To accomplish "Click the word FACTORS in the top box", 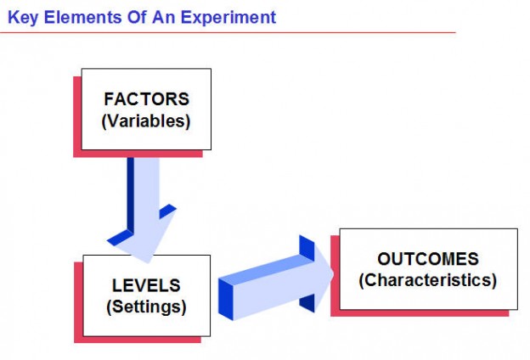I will pos(145,98).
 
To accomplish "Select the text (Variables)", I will pos(145,121).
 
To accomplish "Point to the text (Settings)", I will pos(146,306).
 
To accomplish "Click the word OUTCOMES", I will pos(428,259).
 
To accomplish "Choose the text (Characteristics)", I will pos(428,280).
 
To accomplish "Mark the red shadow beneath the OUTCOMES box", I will pos(425,312).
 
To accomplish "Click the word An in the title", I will pos(165,17).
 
